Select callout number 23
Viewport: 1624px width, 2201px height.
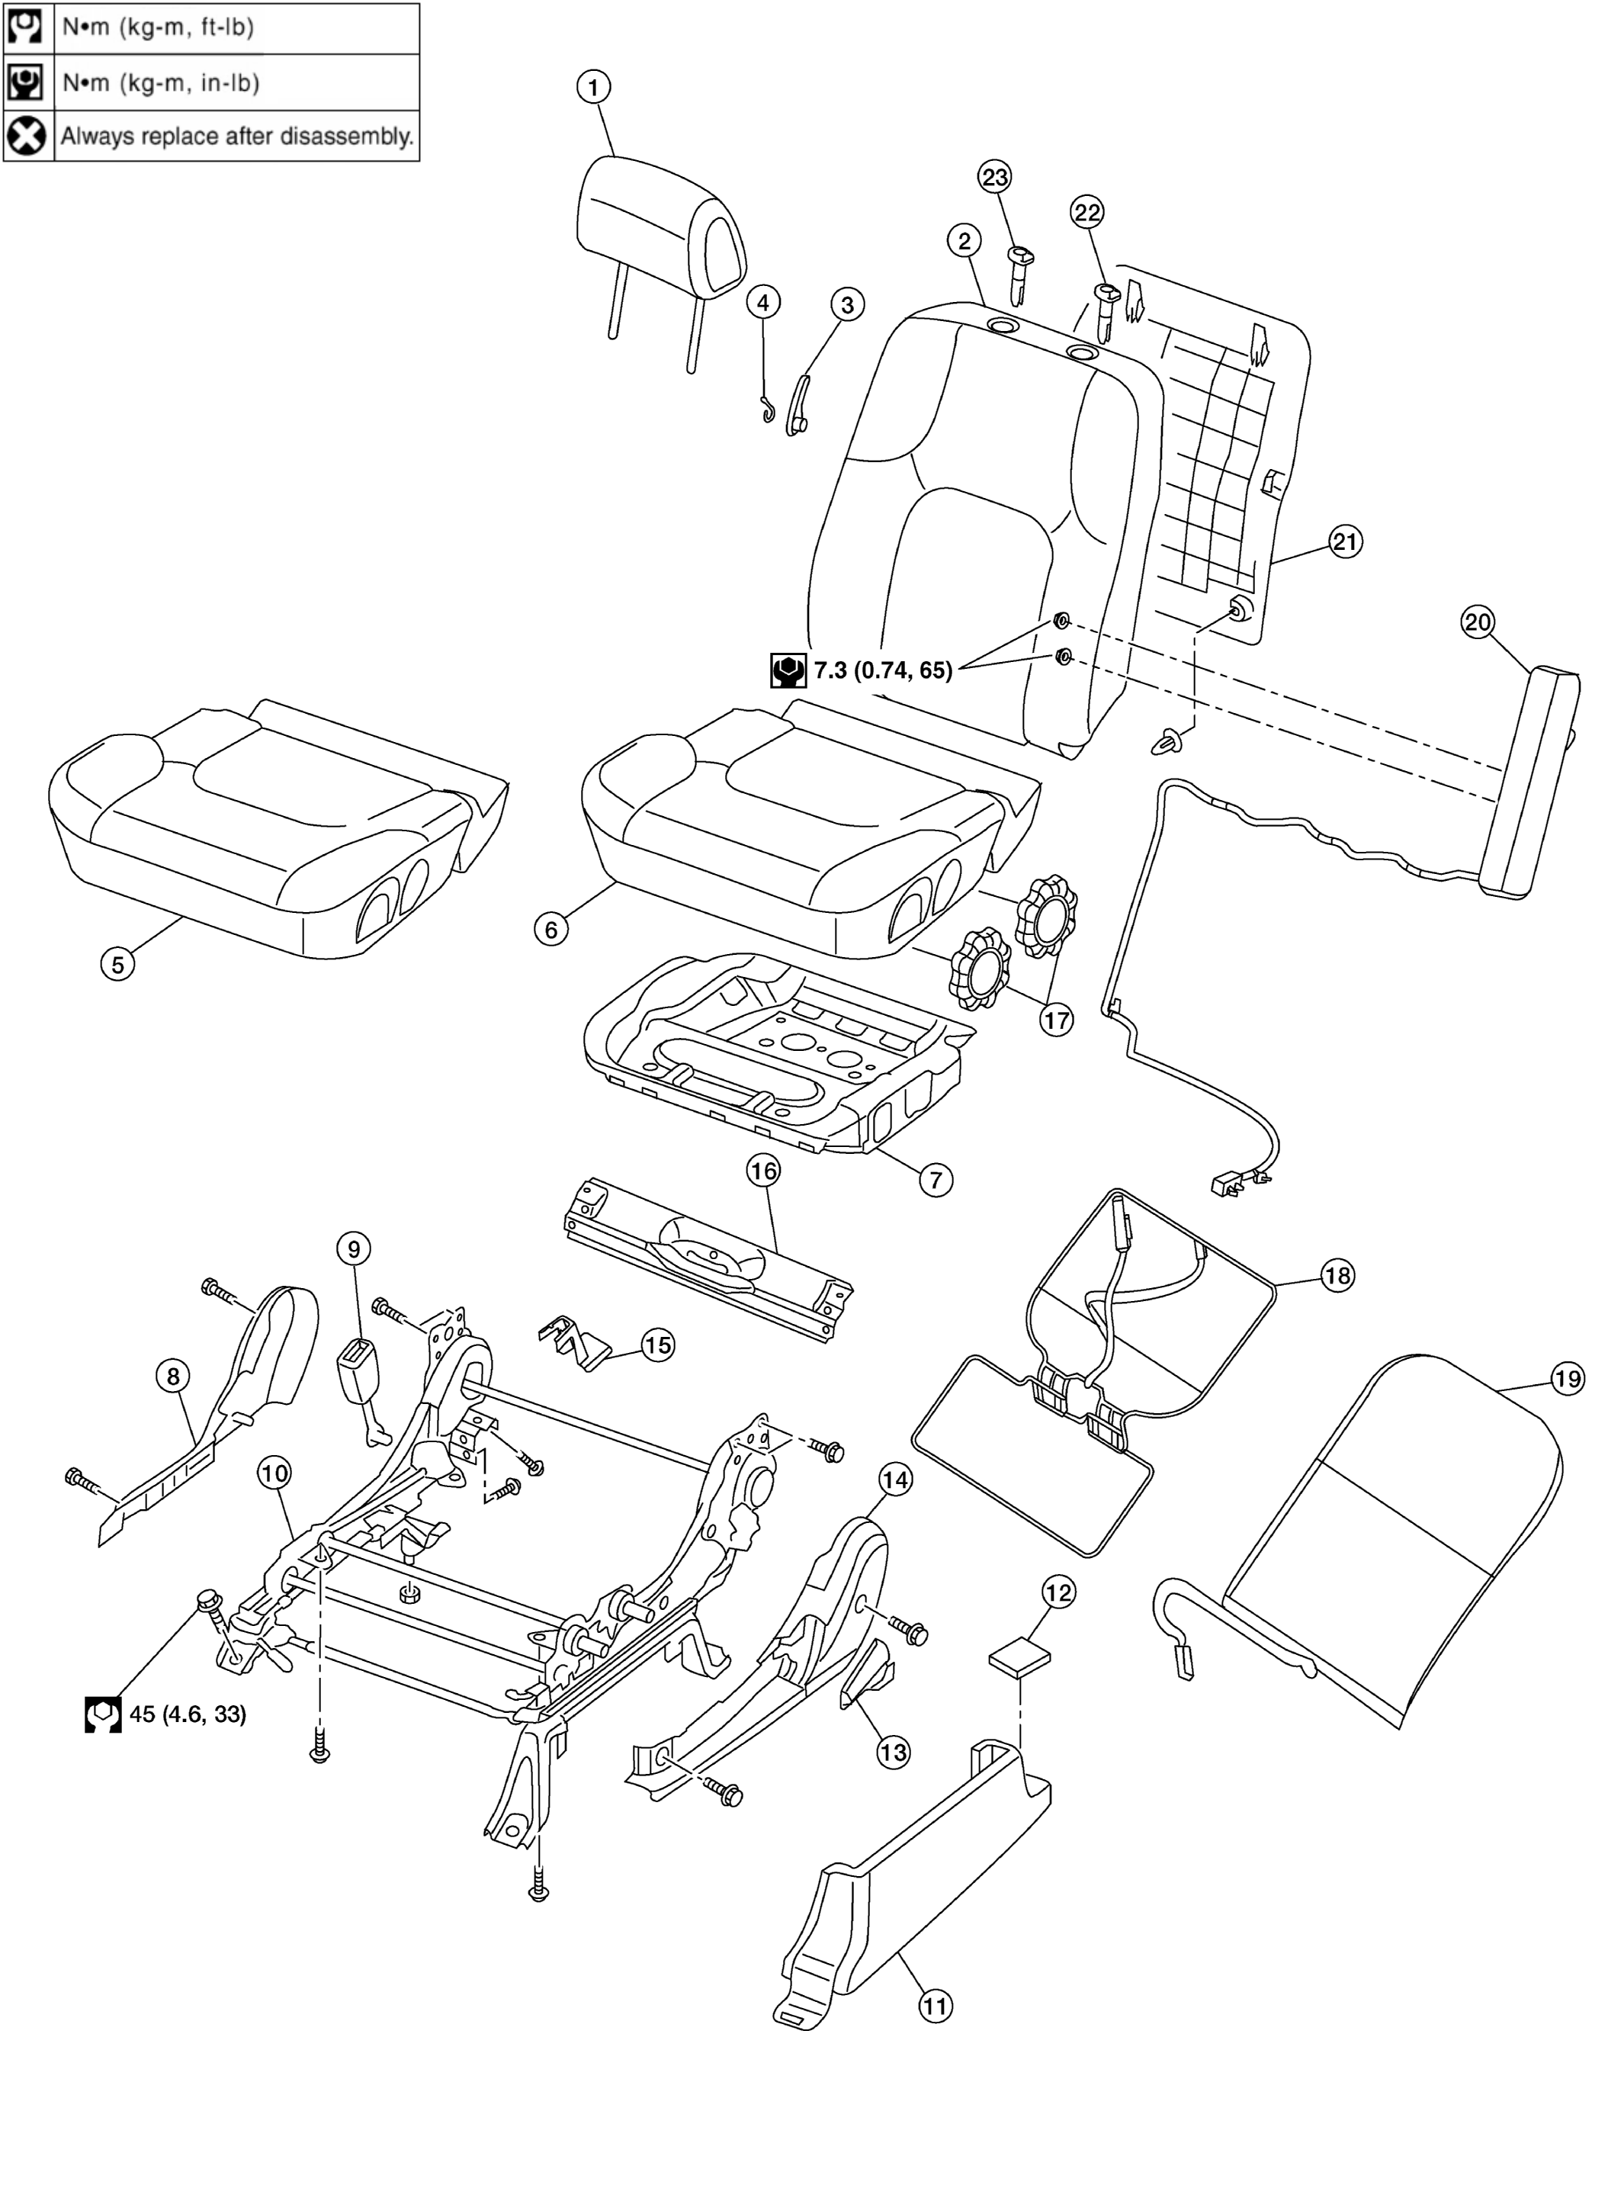995,177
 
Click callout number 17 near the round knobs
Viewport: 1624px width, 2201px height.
1056,1020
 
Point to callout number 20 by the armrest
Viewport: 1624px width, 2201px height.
1478,622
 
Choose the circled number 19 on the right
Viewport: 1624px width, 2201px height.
1568,1379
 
